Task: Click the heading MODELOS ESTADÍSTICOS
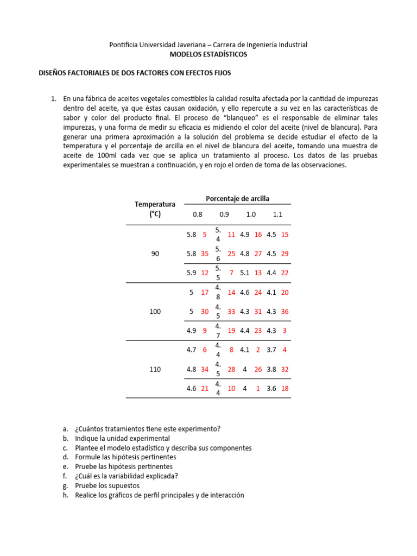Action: pyautogui.click(x=208, y=55)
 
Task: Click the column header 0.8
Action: pyautogui.click(x=197, y=214)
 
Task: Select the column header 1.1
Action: pyautogui.click(x=277, y=214)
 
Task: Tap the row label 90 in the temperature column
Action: pyautogui.click(x=155, y=254)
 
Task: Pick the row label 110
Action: pyautogui.click(x=155, y=369)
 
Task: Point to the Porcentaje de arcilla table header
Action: pyautogui.click(x=237, y=199)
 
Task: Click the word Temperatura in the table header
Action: pyautogui.click(x=155, y=204)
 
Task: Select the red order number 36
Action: pyautogui.click(x=285, y=312)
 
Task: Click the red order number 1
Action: pyautogui.click(x=258, y=388)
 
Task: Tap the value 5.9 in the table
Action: pyautogui.click(x=191, y=273)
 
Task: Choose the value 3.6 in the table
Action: pyautogui.click(x=271, y=388)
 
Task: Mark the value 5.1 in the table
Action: pyautogui.click(x=245, y=273)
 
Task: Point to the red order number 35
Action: pyautogui.click(x=204, y=254)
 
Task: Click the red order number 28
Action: pyautogui.click(x=231, y=369)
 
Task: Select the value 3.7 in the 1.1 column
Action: pyautogui.click(x=271, y=350)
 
